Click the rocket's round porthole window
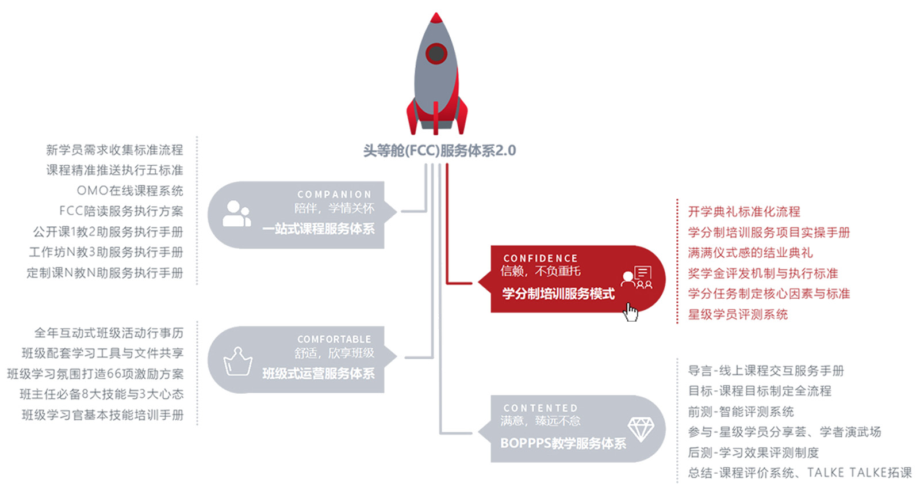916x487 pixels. (436, 53)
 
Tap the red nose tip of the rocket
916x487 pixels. (436, 17)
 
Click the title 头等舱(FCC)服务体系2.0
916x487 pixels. (439, 151)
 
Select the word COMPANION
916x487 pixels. (335, 195)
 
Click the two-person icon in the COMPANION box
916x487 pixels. (236, 214)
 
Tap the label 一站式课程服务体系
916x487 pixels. (318, 229)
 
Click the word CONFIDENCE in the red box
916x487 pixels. (541, 258)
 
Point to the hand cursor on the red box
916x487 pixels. (630, 312)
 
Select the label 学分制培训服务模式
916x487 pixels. (558, 294)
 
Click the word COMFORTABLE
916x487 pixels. (335, 339)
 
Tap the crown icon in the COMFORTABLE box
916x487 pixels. (237, 362)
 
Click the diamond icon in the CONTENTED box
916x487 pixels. (641, 429)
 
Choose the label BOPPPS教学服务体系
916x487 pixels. (563, 443)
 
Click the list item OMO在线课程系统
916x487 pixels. (130, 191)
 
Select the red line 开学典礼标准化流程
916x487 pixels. (744, 212)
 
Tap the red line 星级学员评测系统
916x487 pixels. (738, 314)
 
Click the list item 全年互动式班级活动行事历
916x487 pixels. (109, 333)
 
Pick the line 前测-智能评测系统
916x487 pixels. (741, 411)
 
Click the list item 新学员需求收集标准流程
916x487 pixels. (114, 150)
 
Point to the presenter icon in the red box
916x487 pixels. (637, 277)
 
